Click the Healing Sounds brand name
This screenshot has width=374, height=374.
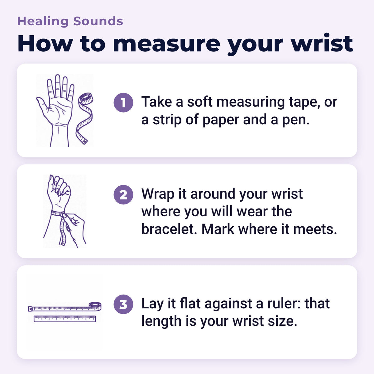pos(70,22)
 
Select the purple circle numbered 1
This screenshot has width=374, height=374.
pos(123,103)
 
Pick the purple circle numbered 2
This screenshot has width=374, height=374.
pos(123,195)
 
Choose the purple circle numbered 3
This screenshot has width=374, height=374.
pos(123,304)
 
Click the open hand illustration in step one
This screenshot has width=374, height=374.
pos(55,110)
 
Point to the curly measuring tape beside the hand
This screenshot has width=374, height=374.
pos(84,118)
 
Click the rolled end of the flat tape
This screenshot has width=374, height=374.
pos(95,306)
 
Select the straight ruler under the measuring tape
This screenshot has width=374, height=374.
pos(65,319)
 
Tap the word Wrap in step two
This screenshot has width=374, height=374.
pos(158,194)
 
